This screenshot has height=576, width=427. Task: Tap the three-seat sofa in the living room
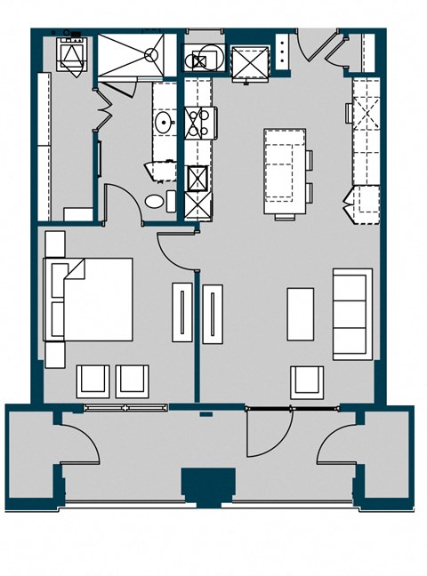pyautogui.click(x=352, y=314)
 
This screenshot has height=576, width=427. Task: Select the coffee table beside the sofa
pyautogui.click(x=301, y=314)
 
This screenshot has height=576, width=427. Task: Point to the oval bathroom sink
pyautogui.click(x=164, y=122)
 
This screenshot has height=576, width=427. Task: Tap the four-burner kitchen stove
pyautogui.click(x=198, y=122)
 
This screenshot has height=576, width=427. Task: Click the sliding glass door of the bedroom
pyautogui.click(x=125, y=408)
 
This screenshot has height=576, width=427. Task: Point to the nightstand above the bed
pyautogui.click(x=55, y=243)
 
